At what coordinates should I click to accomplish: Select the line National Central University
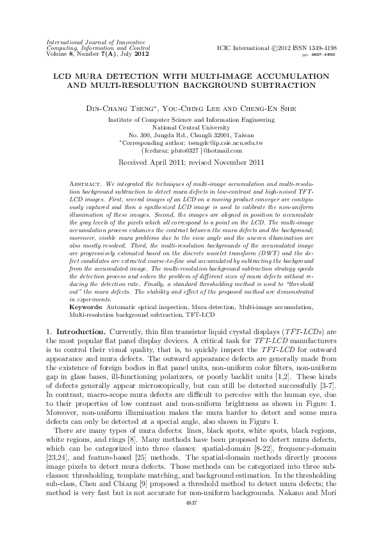point(190,128)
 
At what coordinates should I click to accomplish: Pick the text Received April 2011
point(158,163)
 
